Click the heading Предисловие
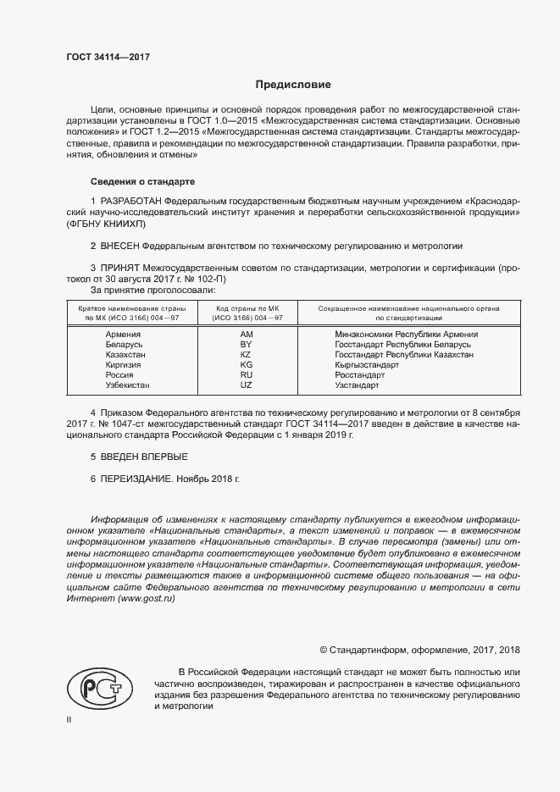click(x=294, y=85)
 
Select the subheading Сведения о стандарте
click(x=142, y=182)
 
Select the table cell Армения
click(x=123, y=335)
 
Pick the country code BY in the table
click(x=247, y=345)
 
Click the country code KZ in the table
click(x=247, y=355)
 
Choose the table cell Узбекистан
click(x=128, y=385)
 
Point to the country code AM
click(x=247, y=335)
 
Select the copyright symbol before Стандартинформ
click(x=324, y=650)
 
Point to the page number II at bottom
click(x=69, y=719)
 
